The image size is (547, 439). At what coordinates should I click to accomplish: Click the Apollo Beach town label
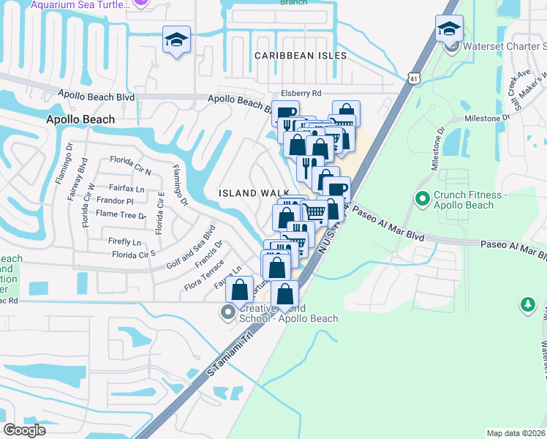(80, 119)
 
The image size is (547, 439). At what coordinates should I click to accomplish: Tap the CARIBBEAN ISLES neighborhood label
(300, 56)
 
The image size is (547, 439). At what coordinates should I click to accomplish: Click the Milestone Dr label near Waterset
(486, 118)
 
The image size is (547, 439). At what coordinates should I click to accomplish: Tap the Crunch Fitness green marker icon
(422, 198)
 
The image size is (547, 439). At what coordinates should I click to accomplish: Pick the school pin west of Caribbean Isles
(176, 41)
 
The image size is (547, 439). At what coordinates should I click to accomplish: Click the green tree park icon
(527, 304)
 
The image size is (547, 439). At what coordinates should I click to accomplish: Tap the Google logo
(24, 430)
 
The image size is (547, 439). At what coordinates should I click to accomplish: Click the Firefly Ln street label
(124, 241)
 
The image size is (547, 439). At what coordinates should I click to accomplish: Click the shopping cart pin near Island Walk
(314, 213)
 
